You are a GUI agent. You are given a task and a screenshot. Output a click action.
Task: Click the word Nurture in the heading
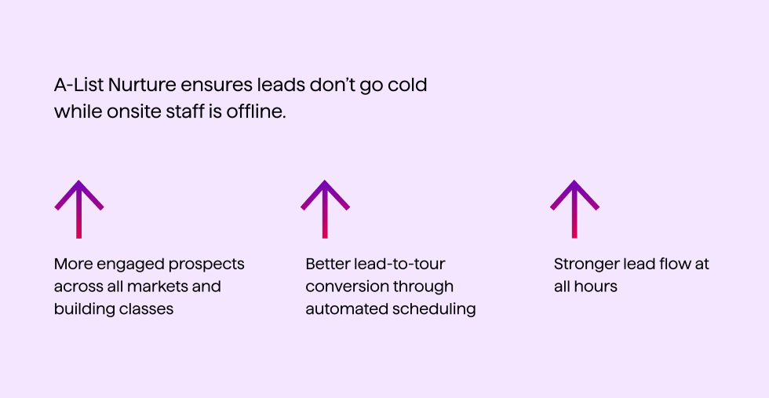tap(142, 86)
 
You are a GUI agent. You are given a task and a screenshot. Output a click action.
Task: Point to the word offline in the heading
tap(256, 112)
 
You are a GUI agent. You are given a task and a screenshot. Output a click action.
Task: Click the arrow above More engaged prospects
tap(79, 209)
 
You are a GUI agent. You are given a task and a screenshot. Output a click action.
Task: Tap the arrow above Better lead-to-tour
tap(325, 209)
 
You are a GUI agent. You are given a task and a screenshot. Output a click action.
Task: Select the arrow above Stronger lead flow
tap(574, 209)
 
